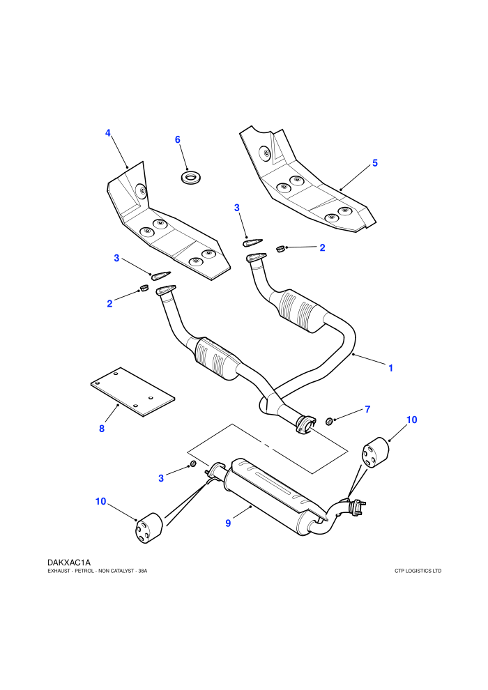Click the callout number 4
click(108, 133)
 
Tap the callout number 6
click(177, 139)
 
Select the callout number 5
click(375, 163)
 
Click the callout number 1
click(390, 368)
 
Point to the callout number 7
click(367, 409)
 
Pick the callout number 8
click(102, 428)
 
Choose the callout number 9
click(228, 523)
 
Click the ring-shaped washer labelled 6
click(190, 178)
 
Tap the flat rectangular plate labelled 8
click(132, 392)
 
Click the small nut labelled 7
click(328, 422)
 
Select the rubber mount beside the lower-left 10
click(148, 528)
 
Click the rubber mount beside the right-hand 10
click(375, 453)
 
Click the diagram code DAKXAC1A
click(69, 562)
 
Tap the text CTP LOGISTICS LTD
click(418, 571)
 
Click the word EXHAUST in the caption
click(57, 571)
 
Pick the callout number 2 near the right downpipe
click(322, 247)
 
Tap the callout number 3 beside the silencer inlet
click(161, 478)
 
